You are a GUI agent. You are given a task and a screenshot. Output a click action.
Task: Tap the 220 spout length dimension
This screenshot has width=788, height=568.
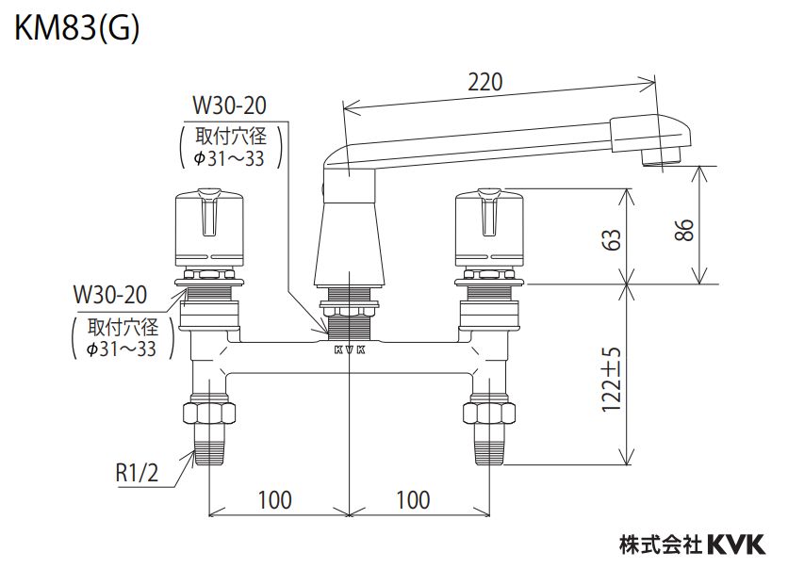tap(484, 82)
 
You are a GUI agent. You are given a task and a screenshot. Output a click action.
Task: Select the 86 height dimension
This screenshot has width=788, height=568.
tap(685, 228)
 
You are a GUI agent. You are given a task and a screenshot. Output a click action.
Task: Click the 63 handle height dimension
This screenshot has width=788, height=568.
tap(613, 239)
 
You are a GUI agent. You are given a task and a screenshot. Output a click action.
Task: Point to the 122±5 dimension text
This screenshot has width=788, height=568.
tap(613, 379)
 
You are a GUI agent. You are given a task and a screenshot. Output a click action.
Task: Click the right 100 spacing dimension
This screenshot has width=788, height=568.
tap(413, 499)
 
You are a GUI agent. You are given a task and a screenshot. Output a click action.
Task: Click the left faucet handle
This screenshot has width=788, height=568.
tap(210, 226)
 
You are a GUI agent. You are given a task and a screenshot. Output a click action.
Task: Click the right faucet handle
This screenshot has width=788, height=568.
tap(487, 226)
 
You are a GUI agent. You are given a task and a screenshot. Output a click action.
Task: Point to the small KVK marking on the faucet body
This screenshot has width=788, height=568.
tap(349, 350)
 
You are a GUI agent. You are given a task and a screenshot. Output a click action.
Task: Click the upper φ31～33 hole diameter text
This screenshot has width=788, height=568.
tap(230, 158)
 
